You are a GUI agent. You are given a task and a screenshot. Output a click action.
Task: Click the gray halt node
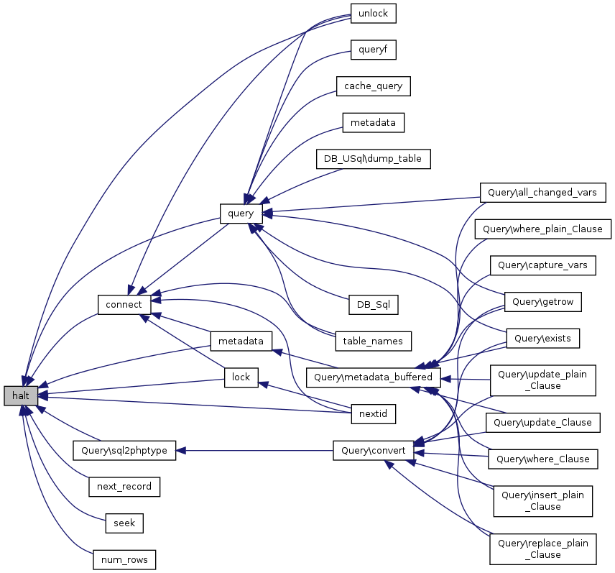pyautogui.click(x=20, y=395)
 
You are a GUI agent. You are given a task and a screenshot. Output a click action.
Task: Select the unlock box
pyautogui.click(x=373, y=14)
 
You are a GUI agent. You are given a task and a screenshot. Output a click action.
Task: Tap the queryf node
pyautogui.click(x=373, y=50)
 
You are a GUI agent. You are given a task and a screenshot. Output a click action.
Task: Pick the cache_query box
pyautogui.click(x=373, y=86)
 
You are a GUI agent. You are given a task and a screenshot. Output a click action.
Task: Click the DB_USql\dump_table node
pyautogui.click(x=373, y=159)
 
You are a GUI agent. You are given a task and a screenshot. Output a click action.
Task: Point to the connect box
pyautogui.click(x=124, y=304)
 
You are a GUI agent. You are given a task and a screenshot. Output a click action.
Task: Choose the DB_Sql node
pyautogui.click(x=373, y=304)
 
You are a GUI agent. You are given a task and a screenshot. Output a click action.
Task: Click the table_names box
pyautogui.click(x=373, y=340)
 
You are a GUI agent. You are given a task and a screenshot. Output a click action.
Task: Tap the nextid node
pyautogui.click(x=373, y=413)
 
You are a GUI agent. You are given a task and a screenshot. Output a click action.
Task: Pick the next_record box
pyautogui.click(x=124, y=486)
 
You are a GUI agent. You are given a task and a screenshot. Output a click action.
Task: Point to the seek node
pyautogui.click(x=124, y=523)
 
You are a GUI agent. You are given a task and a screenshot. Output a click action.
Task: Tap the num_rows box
pyautogui.click(x=124, y=559)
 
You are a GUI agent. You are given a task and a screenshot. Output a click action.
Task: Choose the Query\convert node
pyautogui.click(x=373, y=450)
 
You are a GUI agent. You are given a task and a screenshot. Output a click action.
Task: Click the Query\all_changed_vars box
pyautogui.click(x=543, y=193)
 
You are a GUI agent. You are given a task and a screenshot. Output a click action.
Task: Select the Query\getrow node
pyautogui.click(x=543, y=302)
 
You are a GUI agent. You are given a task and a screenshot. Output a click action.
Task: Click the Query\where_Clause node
pyautogui.click(x=543, y=459)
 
